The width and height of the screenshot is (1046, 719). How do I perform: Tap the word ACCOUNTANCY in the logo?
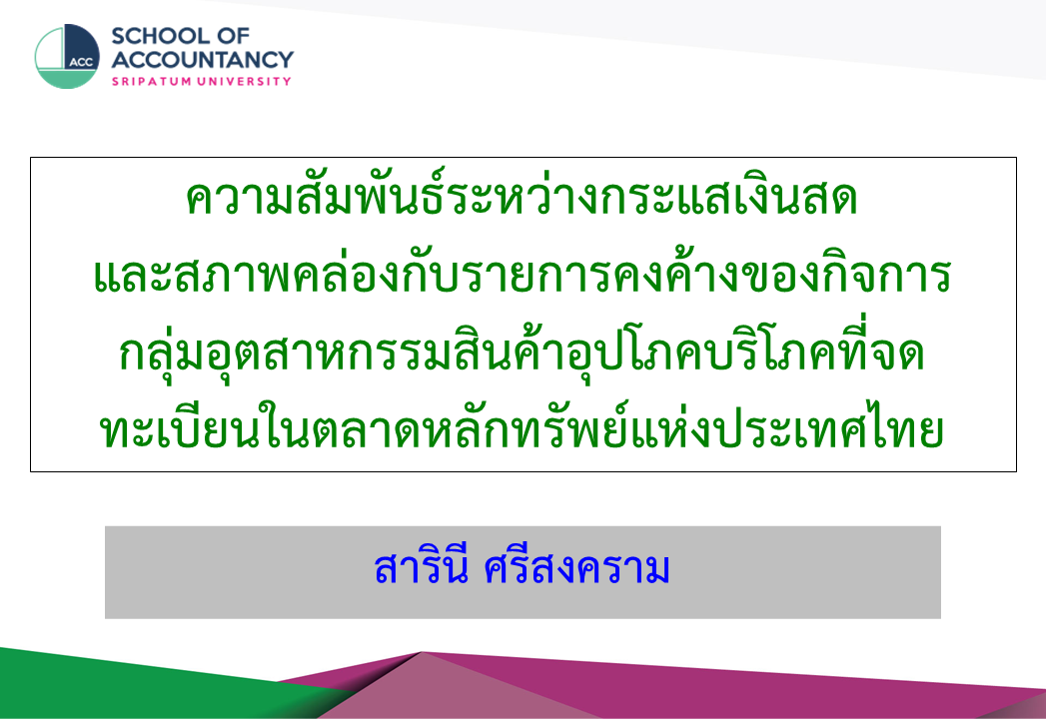[x=202, y=59]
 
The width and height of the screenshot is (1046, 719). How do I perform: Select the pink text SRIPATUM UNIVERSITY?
[x=202, y=81]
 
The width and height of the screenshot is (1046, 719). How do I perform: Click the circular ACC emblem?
[x=67, y=57]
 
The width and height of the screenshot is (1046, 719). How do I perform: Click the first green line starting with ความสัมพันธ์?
[x=522, y=198]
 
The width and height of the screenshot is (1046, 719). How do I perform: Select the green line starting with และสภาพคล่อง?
[x=523, y=275]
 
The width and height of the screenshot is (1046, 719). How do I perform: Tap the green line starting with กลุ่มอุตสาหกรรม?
[x=522, y=353]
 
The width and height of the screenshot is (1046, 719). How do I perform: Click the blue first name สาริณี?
[x=421, y=568]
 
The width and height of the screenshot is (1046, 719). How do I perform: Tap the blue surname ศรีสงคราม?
[x=577, y=568]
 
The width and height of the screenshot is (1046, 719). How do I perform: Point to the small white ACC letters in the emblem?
[x=81, y=62]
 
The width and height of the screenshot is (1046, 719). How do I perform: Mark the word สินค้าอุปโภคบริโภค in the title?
[x=639, y=353]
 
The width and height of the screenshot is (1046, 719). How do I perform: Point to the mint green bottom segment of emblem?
[x=67, y=79]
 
